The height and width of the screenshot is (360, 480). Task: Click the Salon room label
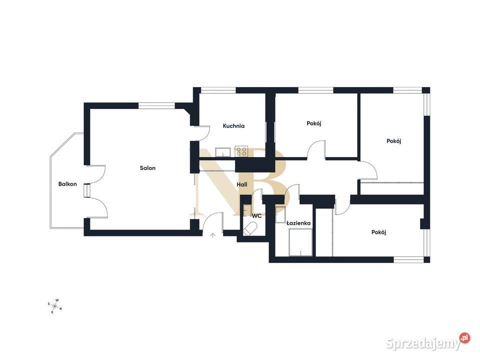(x=147, y=168)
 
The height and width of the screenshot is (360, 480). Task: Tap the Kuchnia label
(x=233, y=126)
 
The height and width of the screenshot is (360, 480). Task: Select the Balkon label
(x=67, y=184)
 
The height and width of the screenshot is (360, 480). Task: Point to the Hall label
(x=242, y=184)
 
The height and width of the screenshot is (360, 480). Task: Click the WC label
(x=256, y=216)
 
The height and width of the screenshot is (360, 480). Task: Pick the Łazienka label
(x=298, y=223)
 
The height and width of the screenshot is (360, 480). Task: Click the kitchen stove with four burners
(x=241, y=151)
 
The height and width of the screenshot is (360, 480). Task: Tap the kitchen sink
(x=223, y=152)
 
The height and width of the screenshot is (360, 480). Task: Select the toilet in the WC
(x=250, y=229)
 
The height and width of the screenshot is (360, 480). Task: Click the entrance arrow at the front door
(x=213, y=235)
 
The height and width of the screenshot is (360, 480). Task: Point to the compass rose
(x=55, y=306)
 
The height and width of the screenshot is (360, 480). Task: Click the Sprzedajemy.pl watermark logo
(x=427, y=342)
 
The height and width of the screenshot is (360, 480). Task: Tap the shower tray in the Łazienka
(x=300, y=242)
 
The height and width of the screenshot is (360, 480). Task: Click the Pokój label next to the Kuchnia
(x=314, y=123)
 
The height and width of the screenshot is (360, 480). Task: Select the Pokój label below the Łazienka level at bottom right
(x=378, y=232)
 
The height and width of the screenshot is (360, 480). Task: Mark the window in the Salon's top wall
(x=156, y=106)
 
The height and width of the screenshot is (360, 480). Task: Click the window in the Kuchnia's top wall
(x=218, y=90)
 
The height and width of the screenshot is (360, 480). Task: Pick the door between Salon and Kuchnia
(x=201, y=133)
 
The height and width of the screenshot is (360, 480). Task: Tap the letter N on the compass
(x=60, y=309)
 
